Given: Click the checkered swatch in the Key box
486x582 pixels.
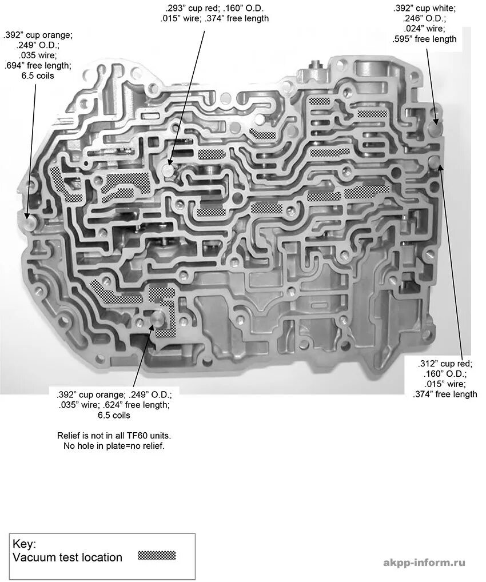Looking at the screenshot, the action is (x=157, y=555).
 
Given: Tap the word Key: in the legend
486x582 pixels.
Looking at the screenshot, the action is (x=25, y=544).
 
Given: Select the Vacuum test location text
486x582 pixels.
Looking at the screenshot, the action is (x=67, y=557).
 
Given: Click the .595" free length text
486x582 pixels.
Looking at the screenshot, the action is (x=425, y=39).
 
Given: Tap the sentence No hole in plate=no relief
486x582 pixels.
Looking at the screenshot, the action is (x=114, y=445).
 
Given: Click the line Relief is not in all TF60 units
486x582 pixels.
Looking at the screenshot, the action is (x=114, y=435).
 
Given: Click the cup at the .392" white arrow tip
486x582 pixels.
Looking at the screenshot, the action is (x=436, y=122).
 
